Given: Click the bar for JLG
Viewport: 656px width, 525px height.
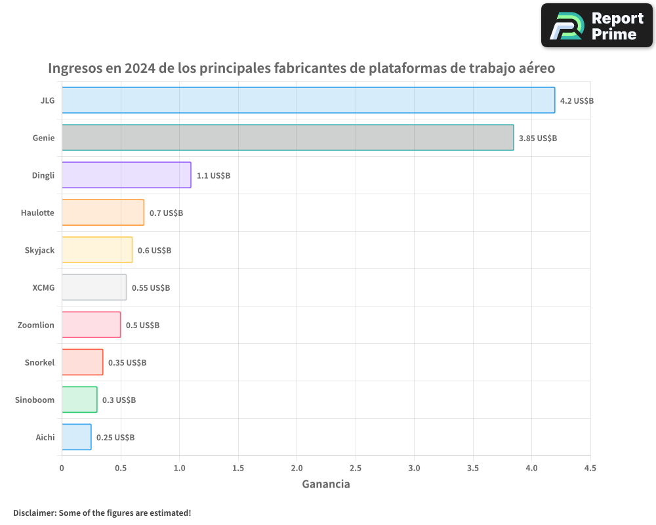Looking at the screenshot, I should (x=308, y=100).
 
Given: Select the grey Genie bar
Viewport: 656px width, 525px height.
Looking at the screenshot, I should (x=288, y=138).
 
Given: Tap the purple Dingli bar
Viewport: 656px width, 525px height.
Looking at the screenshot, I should (x=127, y=175).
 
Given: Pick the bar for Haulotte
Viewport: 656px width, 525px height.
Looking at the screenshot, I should (x=103, y=213).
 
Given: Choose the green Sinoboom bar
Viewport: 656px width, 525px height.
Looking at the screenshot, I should (x=79, y=400).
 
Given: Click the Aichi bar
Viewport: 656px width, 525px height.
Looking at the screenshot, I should (x=77, y=437).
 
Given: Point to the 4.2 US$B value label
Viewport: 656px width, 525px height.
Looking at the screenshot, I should (x=577, y=101).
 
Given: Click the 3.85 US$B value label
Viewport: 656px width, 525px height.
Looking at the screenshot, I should (x=537, y=138).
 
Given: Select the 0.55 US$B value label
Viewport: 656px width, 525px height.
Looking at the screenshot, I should (x=151, y=288).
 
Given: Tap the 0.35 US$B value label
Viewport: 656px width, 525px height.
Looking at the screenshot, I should (x=127, y=363).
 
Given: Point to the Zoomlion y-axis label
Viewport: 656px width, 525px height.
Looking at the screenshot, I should (x=36, y=325).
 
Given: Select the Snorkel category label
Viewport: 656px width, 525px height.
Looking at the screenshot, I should (x=39, y=363).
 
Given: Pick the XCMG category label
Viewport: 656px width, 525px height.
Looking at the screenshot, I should (x=43, y=288).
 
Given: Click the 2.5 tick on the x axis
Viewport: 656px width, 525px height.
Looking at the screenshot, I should (x=356, y=469).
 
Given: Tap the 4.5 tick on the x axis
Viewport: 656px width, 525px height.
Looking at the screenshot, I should (x=590, y=469).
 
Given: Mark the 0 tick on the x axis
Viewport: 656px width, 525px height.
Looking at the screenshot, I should (x=62, y=469).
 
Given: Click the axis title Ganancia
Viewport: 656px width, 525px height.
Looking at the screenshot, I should (x=326, y=484).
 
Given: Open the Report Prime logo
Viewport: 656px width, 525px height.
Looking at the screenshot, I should (x=597, y=26).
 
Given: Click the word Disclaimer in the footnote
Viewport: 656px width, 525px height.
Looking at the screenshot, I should (x=34, y=513).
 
